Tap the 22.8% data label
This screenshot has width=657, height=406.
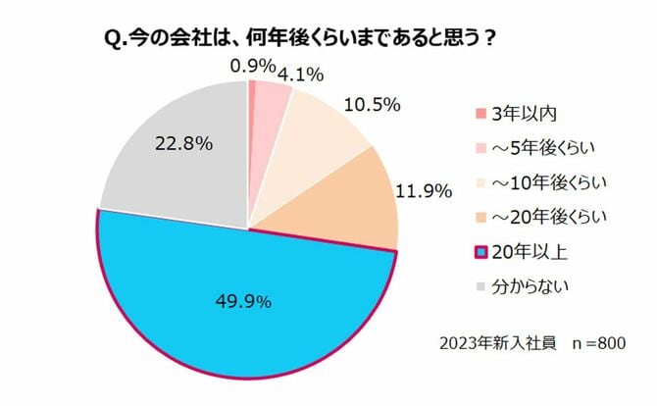click(x=183, y=144)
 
